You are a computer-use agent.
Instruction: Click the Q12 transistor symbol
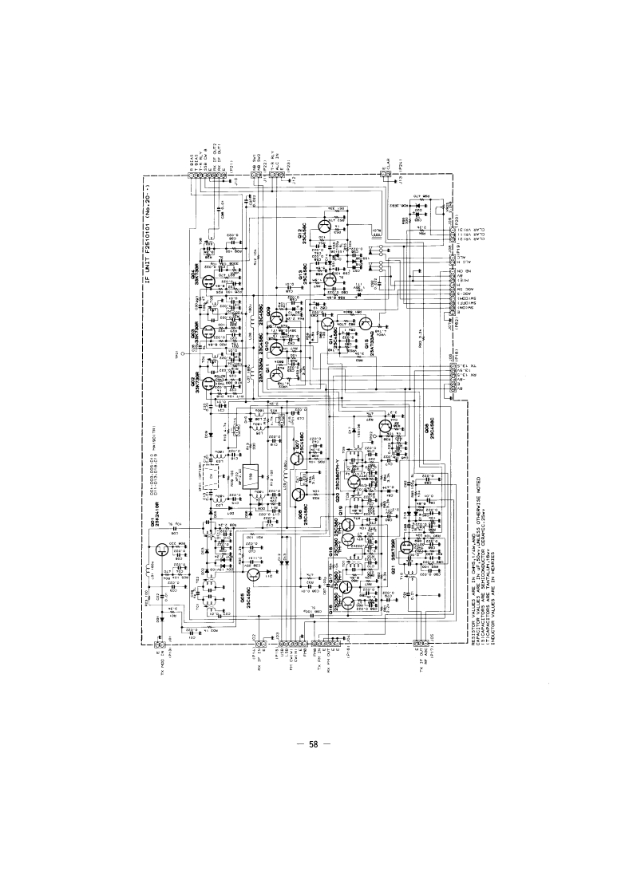[x=324, y=226]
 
